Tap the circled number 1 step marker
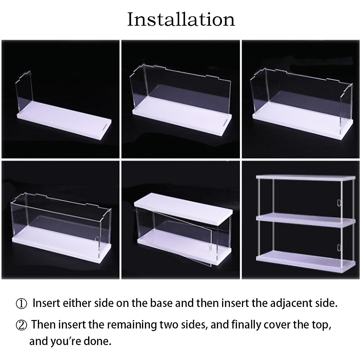point(21,303)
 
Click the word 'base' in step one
point(159,303)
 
